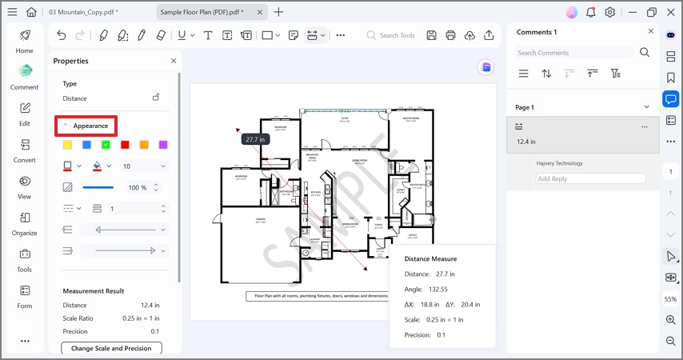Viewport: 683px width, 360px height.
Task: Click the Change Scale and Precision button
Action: pos(111,348)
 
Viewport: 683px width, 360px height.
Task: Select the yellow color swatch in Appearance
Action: pos(67,145)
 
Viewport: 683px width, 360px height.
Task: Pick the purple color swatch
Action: pos(163,145)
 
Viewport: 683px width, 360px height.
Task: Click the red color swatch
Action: pos(125,145)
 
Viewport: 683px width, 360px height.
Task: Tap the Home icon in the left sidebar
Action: pos(25,41)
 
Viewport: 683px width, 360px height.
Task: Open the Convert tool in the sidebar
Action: pos(25,150)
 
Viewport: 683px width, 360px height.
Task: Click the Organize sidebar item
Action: pos(25,222)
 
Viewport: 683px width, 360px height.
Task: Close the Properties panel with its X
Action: pos(174,61)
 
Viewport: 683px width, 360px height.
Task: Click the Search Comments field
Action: pos(574,53)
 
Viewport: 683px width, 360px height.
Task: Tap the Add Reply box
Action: pos(590,178)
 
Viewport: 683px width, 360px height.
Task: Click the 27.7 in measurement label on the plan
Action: pos(255,139)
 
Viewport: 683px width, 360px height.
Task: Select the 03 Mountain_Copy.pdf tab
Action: pos(83,12)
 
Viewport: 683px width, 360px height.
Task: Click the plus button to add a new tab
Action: pos(278,12)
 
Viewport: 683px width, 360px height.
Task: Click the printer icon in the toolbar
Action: pos(450,35)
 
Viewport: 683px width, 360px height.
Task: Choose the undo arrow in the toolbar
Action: pos(62,35)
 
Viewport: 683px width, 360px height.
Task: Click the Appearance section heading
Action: pos(90,126)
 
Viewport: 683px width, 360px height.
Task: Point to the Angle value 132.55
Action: pos(437,289)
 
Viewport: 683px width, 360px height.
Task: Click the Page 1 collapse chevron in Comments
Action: pos(647,107)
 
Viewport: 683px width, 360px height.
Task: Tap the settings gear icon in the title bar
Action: pos(610,12)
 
